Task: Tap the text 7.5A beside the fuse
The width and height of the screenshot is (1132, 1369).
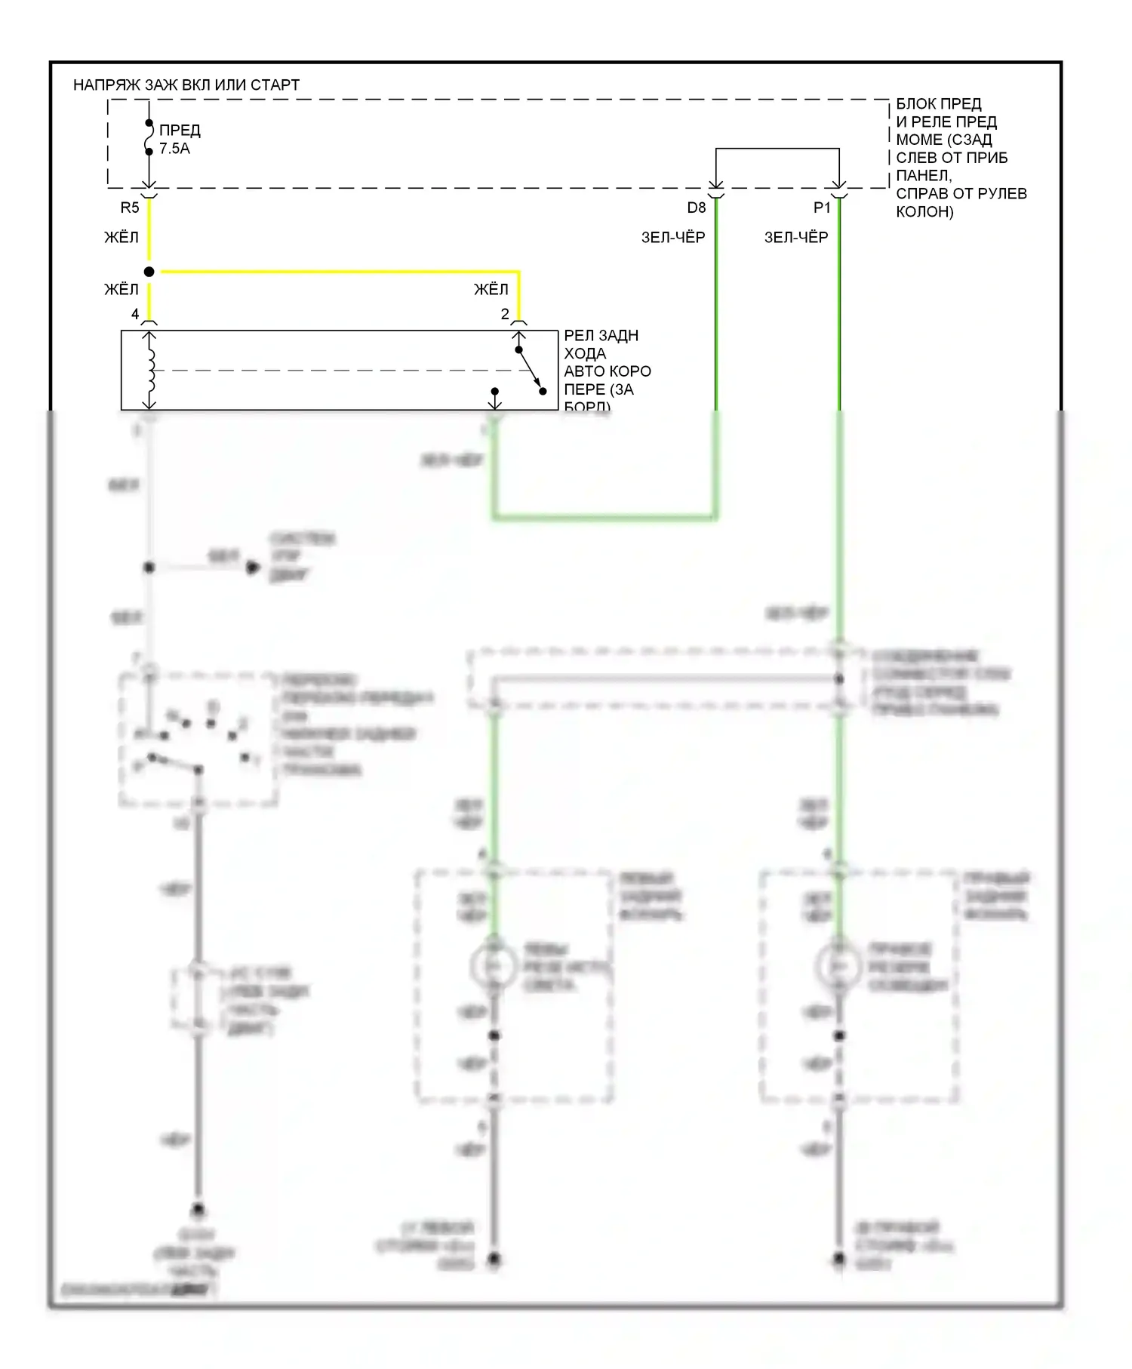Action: (x=174, y=149)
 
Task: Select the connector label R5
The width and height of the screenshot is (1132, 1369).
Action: (x=130, y=208)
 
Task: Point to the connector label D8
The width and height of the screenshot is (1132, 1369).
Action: (x=696, y=208)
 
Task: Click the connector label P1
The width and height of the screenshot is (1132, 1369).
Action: (x=821, y=208)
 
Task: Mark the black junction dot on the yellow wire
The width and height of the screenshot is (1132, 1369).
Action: (x=149, y=272)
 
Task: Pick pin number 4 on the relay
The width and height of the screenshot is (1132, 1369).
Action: (x=135, y=314)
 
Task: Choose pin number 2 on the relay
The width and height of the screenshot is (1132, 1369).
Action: (x=505, y=314)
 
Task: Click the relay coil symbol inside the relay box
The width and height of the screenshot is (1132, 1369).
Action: (x=151, y=371)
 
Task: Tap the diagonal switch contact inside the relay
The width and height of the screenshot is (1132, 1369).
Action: (x=531, y=371)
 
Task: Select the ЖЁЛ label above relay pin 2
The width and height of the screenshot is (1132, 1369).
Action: (x=491, y=289)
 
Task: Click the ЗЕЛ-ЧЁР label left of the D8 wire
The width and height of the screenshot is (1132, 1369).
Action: (x=673, y=238)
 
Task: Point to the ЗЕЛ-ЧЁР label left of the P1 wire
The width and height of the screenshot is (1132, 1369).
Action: (x=796, y=238)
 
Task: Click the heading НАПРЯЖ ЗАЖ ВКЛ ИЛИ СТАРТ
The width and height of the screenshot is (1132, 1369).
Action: (x=186, y=85)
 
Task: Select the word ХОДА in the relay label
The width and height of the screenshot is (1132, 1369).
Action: (x=585, y=353)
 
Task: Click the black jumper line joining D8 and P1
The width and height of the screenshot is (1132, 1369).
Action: (x=777, y=149)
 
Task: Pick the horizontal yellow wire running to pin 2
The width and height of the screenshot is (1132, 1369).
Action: (x=340, y=272)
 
